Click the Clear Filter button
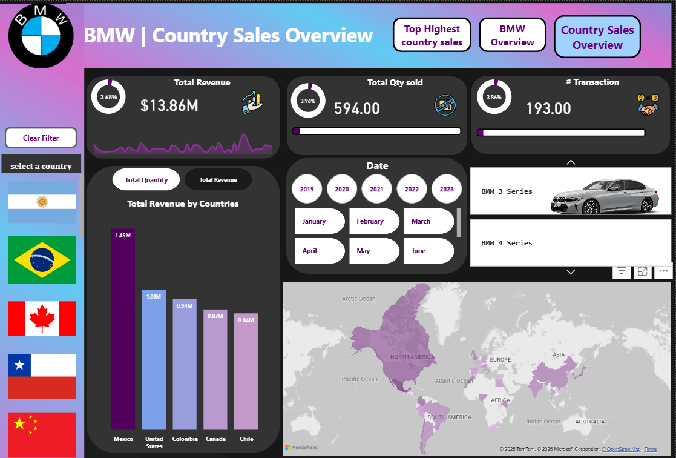(41, 138)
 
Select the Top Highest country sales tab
(432, 36)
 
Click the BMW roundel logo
(41, 36)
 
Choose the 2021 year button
(377, 189)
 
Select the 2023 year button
(447, 189)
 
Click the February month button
(370, 221)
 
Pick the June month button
(424, 251)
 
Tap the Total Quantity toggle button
(146, 180)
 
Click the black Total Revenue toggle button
(218, 180)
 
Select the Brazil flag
(42, 260)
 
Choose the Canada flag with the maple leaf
(42, 318)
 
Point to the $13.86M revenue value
(169, 105)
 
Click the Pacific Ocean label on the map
(359, 379)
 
